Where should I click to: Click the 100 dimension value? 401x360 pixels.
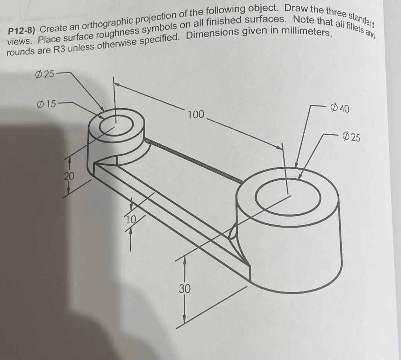pos(196,115)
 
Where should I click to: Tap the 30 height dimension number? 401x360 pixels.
pos(185,289)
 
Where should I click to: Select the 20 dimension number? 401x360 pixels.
pos(69,176)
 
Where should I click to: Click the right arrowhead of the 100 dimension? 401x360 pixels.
pos(280,147)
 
